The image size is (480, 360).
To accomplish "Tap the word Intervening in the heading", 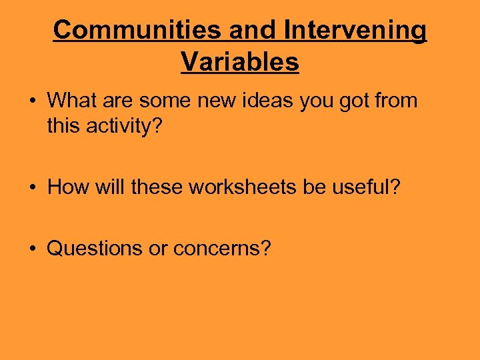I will coord(355,30).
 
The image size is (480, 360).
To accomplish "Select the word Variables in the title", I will coord(240,62).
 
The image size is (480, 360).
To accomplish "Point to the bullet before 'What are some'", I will coord(32,101).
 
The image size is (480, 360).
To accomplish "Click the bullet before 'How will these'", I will coord(32,188).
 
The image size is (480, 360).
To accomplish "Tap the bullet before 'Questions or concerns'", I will coord(32,249).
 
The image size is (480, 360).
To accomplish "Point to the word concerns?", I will coord(221,249).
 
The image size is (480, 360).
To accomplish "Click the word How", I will coord(64,187).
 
